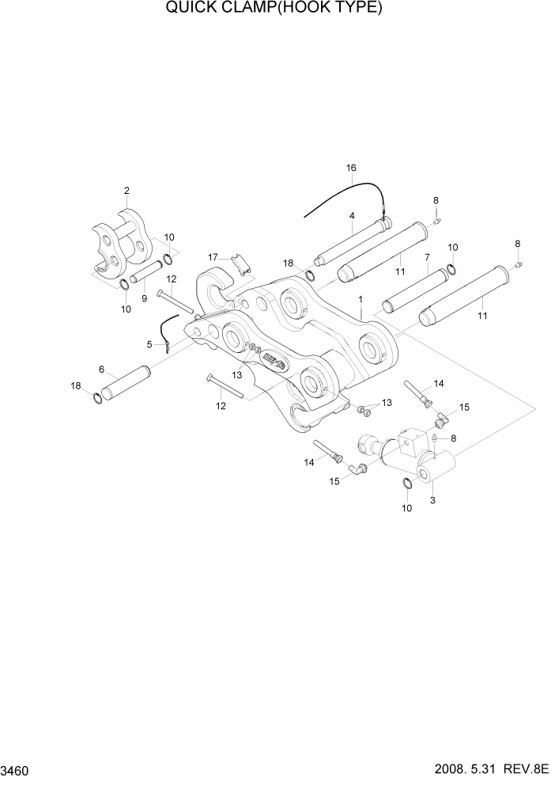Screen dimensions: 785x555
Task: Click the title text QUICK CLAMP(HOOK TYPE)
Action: (x=274, y=9)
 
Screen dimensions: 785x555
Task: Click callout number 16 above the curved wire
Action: (x=352, y=168)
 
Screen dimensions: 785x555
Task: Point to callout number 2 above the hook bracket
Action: (x=126, y=190)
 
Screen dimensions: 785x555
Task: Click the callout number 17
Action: (x=213, y=257)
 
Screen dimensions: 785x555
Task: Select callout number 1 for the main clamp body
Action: (x=360, y=300)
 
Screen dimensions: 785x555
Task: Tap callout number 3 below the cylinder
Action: (x=432, y=500)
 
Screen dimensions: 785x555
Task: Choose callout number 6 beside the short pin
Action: (x=101, y=369)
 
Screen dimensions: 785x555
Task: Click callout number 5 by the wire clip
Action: (x=149, y=344)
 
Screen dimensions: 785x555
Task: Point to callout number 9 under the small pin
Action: (x=144, y=298)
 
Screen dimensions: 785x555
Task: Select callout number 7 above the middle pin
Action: (x=427, y=257)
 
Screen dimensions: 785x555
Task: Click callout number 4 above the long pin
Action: (x=351, y=215)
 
